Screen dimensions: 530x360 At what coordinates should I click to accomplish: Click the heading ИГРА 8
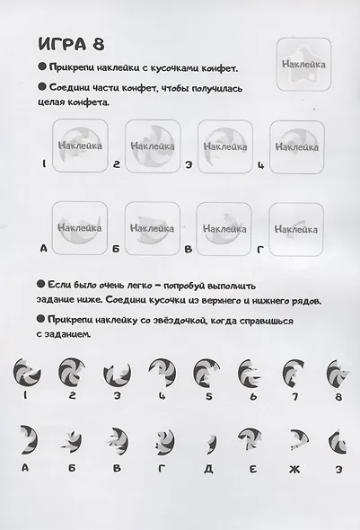click(x=69, y=44)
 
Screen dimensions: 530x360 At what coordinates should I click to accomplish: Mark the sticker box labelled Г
click(x=295, y=228)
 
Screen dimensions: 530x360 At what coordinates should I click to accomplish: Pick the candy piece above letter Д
click(x=205, y=439)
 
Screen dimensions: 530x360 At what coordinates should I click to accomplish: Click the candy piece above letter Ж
click(x=293, y=439)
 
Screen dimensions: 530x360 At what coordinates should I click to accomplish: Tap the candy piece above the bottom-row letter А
click(x=27, y=439)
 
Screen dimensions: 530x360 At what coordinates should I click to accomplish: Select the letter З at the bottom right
click(x=338, y=468)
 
